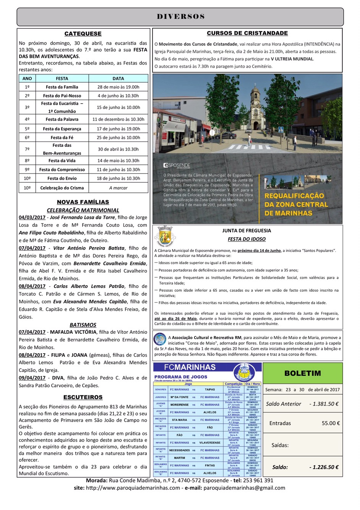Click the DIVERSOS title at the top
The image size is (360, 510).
pyautogui.click(x=180, y=16)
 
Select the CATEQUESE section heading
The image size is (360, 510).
pyautogui.click(x=83, y=34)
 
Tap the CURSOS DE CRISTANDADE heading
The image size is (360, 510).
pyautogui.click(x=247, y=33)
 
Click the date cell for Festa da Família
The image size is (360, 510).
pyautogui.click(x=118, y=87)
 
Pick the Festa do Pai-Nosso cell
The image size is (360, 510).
pyautogui.click(x=62, y=96)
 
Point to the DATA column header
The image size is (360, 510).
pyautogui.click(x=118, y=78)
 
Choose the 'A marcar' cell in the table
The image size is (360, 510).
pyautogui.click(x=118, y=188)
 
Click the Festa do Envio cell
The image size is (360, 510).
pyautogui.click(x=62, y=178)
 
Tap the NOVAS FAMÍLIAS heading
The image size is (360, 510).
pyautogui.click(x=83, y=202)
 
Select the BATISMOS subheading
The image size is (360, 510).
pyautogui.click(x=83, y=325)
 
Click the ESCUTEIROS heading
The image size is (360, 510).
pyautogui.click(x=83, y=397)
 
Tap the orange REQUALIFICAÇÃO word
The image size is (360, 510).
pyautogui.click(x=294, y=196)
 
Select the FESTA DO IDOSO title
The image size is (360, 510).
pyautogui.click(x=246, y=239)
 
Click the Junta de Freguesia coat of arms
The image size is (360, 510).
pyautogui.click(x=165, y=235)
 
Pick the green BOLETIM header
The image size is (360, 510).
pyautogui.click(x=302, y=373)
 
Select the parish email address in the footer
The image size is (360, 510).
pyautogui.click(x=244, y=488)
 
